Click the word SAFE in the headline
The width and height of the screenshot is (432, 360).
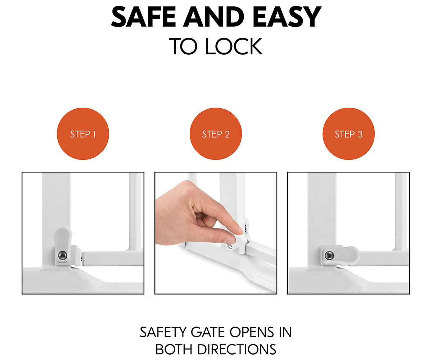144,17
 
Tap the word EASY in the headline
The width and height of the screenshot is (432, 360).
287,17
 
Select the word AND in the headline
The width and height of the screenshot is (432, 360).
214,17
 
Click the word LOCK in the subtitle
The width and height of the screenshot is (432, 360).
234,46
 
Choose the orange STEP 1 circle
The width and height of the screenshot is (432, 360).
83,134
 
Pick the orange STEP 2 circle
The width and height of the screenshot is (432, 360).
216,134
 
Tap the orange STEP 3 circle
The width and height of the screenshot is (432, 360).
348,134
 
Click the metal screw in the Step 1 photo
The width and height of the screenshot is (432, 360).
63,255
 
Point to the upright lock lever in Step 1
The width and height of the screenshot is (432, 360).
63,244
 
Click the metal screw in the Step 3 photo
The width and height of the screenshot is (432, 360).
329,255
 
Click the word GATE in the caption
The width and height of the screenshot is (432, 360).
208,333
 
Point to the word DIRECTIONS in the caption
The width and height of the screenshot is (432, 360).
237,350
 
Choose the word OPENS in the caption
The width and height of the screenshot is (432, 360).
252,333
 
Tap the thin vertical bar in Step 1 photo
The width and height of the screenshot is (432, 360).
135,212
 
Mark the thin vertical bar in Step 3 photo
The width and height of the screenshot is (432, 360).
401,212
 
